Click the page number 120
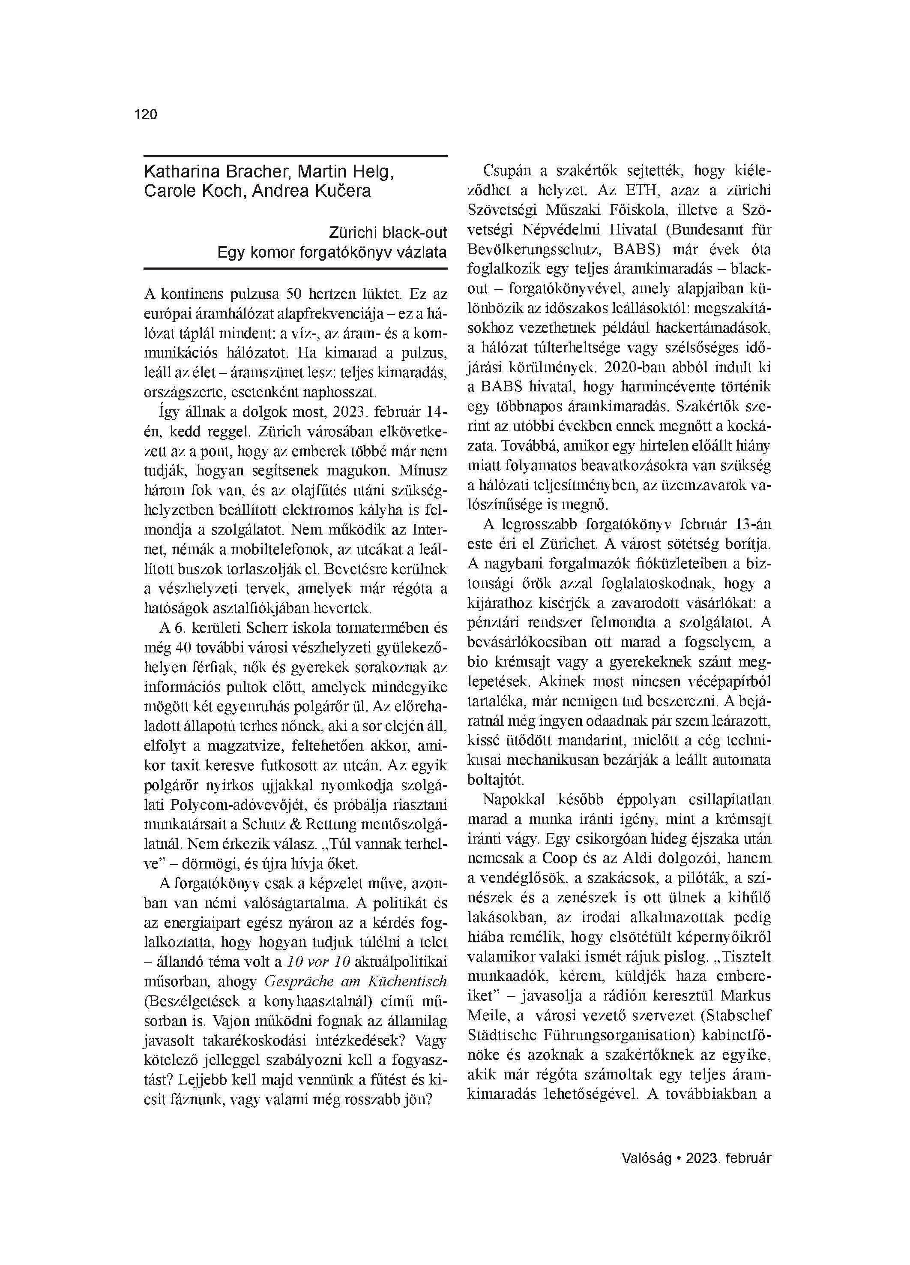146,115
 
